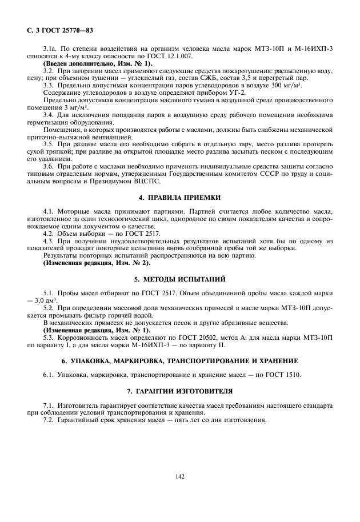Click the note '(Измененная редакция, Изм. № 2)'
pyautogui.click(x=97, y=263)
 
